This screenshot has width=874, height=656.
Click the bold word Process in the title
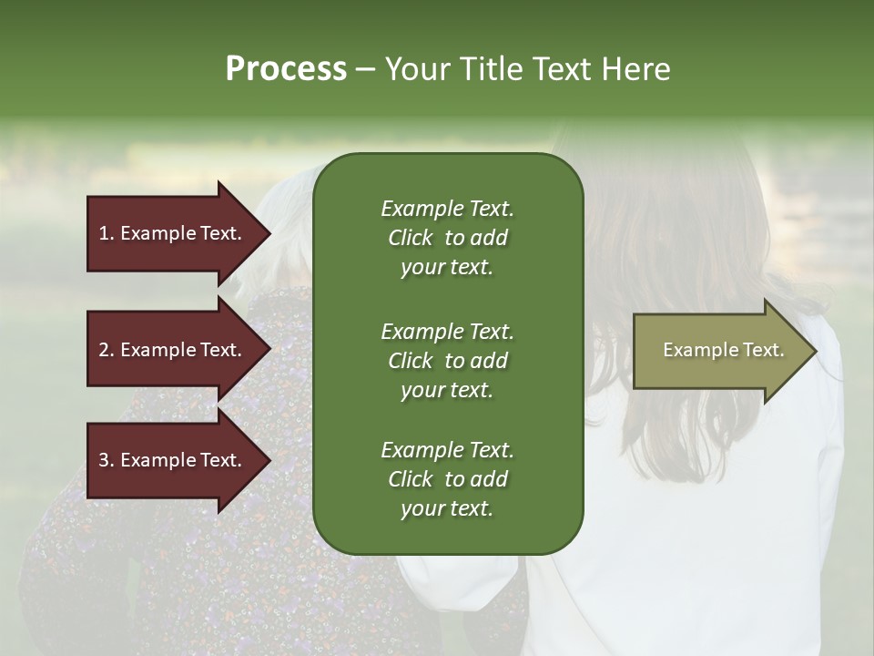pos(286,69)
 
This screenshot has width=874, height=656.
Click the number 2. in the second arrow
pos(107,350)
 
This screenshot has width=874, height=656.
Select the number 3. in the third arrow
pos(107,461)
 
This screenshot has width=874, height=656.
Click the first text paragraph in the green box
pos(447,238)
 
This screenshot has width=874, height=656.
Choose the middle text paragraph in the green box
pos(447,360)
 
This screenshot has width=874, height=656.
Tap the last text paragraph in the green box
pos(447,479)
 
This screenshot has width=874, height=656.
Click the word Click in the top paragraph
pos(411,238)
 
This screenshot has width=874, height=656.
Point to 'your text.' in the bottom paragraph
pos(447,509)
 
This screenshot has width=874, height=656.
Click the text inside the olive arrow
pos(723,350)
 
